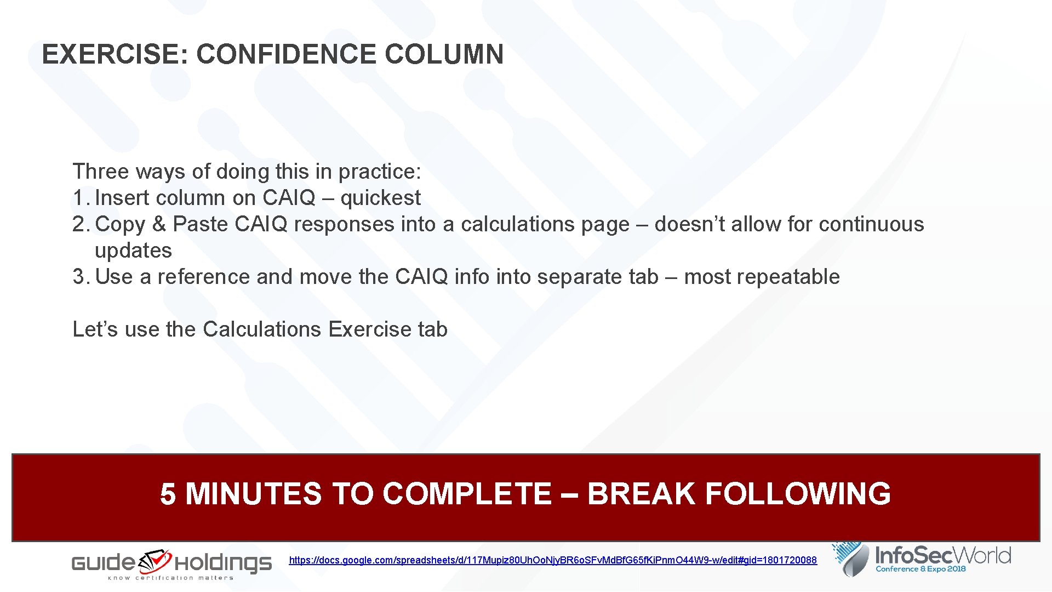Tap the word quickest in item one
coord(380,198)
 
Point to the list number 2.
coord(79,224)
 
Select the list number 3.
coord(79,277)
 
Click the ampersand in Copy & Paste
coord(159,224)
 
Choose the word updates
coord(133,251)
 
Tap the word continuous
coord(871,224)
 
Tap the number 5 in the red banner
coord(168,494)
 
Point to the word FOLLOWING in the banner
coord(797,494)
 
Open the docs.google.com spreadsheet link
coord(552,560)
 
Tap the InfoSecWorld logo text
coord(942,556)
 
